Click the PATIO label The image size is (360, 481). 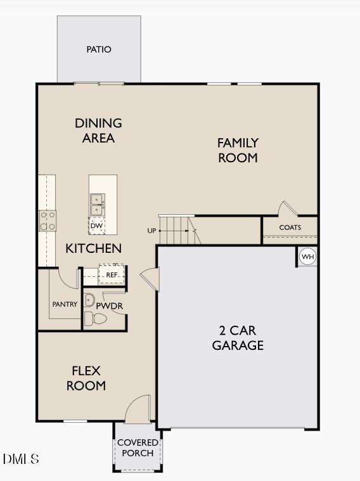[99, 49]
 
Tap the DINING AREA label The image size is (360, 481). [98, 131]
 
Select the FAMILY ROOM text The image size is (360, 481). [238, 151]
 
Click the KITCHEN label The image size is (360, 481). [93, 248]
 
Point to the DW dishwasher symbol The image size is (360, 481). [96, 226]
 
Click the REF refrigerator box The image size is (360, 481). [112, 274]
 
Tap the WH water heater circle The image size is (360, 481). [307, 257]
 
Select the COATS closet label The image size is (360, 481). [290, 228]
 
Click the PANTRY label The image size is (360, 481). [65, 305]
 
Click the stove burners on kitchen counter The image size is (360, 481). [48, 221]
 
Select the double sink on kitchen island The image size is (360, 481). [97, 204]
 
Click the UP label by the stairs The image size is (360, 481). [151, 231]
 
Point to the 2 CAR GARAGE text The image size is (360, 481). [238, 338]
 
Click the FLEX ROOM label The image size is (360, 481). [86, 378]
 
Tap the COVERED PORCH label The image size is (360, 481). [138, 447]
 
